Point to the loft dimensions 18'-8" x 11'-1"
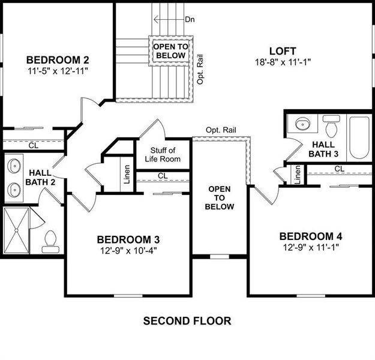282,61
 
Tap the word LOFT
282,51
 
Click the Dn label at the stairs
190,19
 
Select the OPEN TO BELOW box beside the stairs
170,50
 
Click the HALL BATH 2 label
40,178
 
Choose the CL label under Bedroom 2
34,145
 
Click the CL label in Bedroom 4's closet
339,169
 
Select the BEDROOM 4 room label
311,236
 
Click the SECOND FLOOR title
187,321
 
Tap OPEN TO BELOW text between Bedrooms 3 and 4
219,198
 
